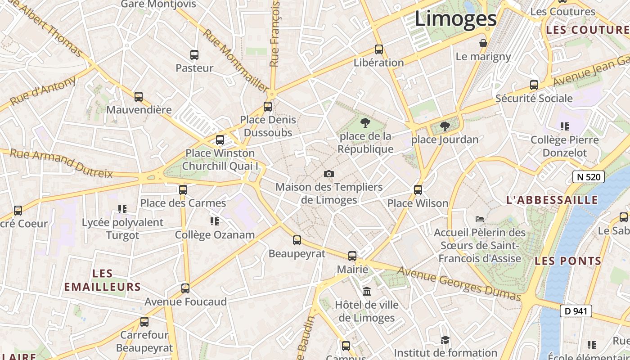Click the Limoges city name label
point(455,19)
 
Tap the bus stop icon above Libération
point(379,49)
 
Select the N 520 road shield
point(588,177)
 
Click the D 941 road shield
point(576,311)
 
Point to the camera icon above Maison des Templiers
point(329,174)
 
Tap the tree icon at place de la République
point(365,122)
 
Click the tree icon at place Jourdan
point(445,126)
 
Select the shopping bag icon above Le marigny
point(483,43)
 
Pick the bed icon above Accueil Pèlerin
point(480,219)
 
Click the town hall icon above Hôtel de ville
point(367,292)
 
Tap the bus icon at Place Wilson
point(418,190)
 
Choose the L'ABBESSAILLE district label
point(552,200)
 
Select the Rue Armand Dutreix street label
point(61,163)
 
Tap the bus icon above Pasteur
point(194,55)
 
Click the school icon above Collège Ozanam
point(215,221)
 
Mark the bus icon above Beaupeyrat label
point(297,240)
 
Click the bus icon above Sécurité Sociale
point(534,85)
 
